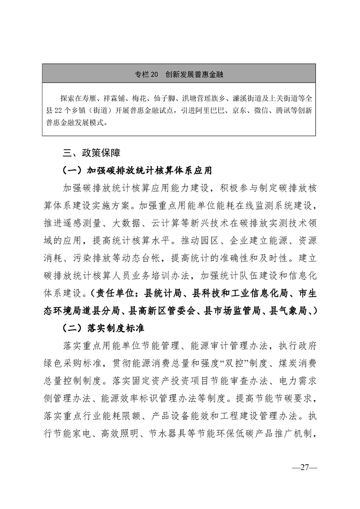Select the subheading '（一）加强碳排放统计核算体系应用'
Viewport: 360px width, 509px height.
click(138, 171)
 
